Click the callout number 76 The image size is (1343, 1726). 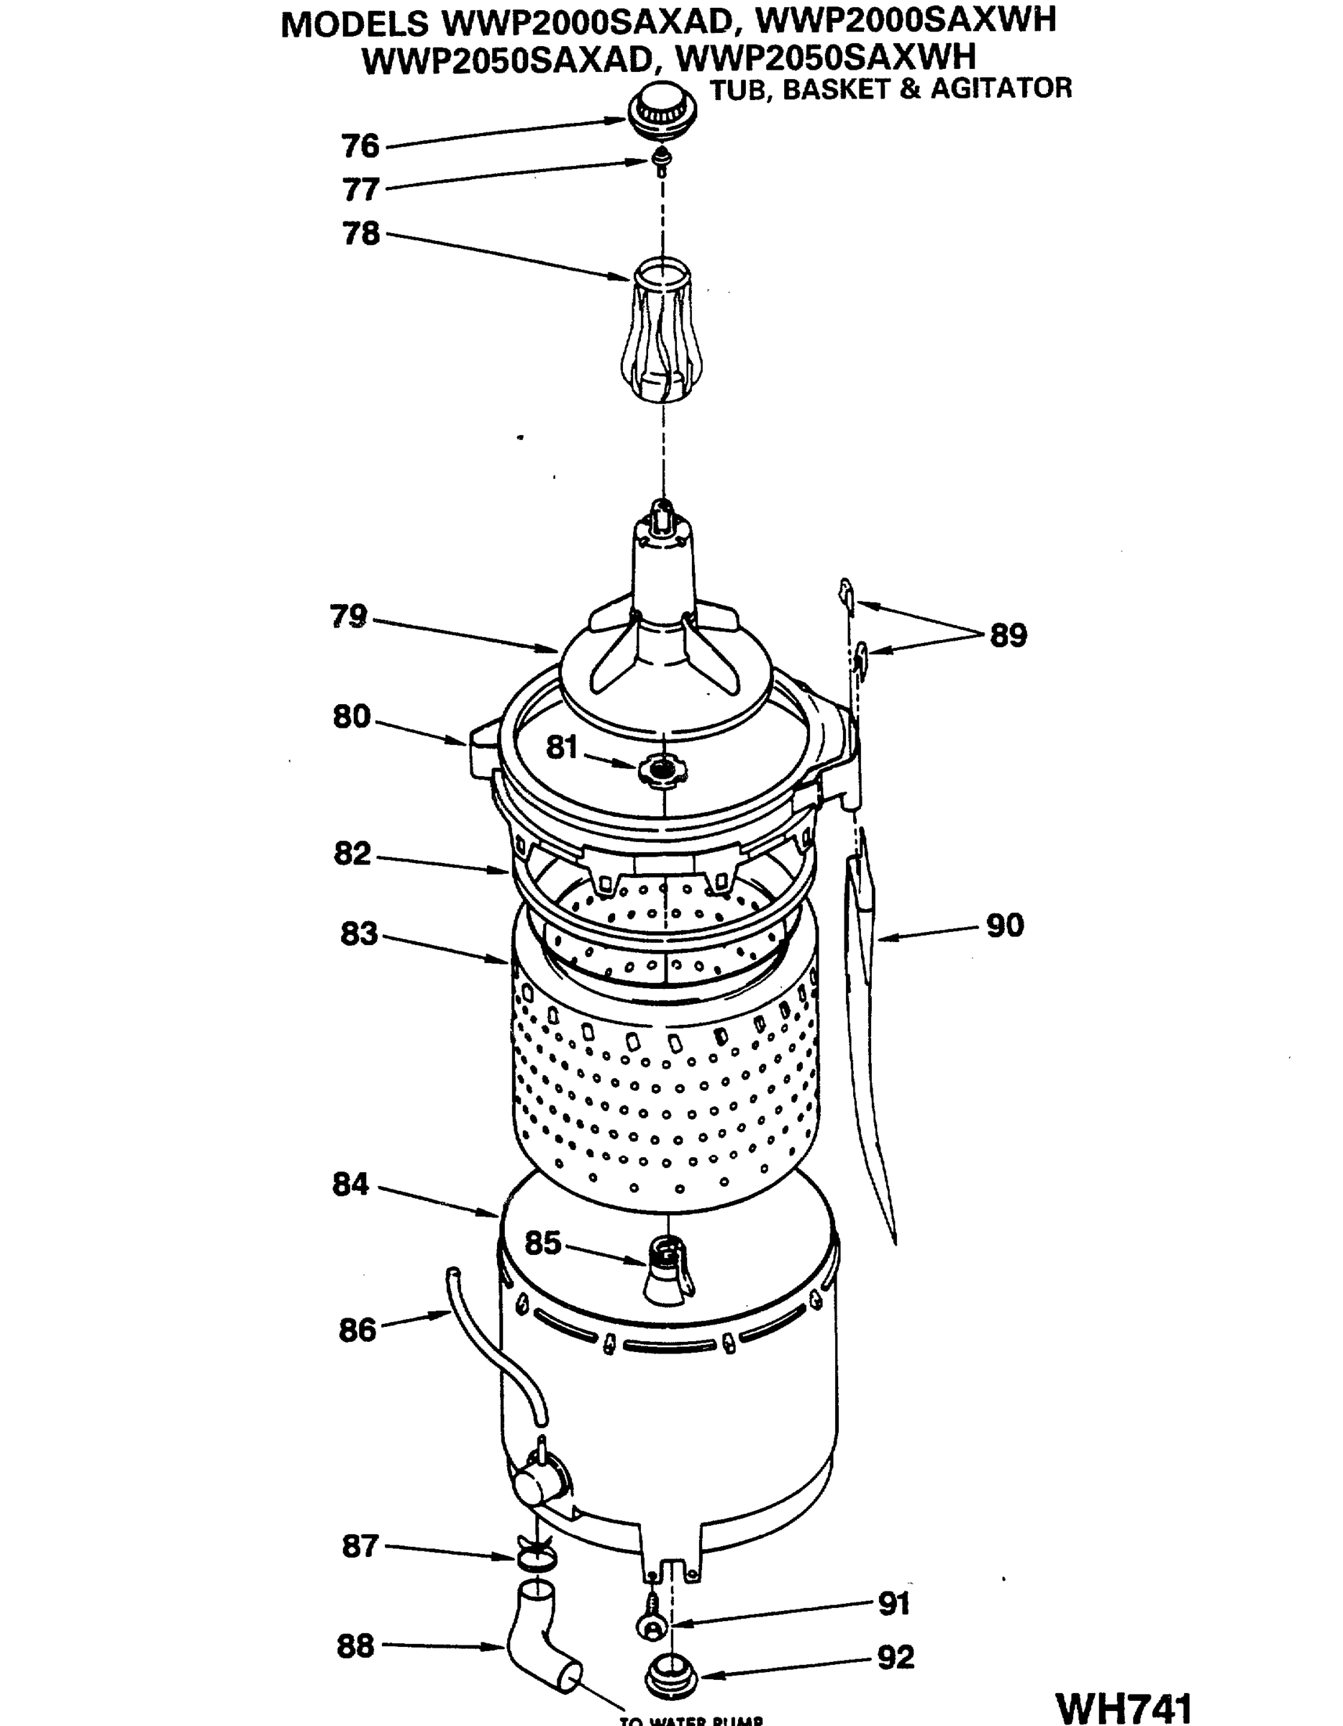pyautogui.click(x=360, y=146)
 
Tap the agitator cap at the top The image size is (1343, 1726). pyautogui.click(x=663, y=110)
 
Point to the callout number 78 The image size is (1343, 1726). pyautogui.click(x=360, y=234)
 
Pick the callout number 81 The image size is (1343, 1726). pyautogui.click(x=562, y=748)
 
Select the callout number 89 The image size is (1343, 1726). pyautogui.click(x=1008, y=636)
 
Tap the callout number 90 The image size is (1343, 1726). pyautogui.click(x=1005, y=926)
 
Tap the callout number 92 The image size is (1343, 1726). pyautogui.click(x=896, y=1657)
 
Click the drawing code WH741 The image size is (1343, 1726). pyautogui.click(x=1124, y=1707)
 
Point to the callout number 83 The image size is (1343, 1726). pyautogui.click(x=359, y=934)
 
